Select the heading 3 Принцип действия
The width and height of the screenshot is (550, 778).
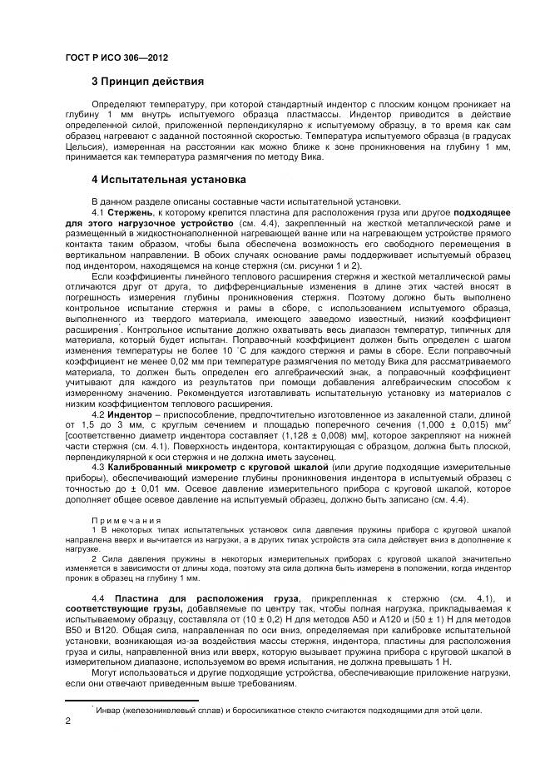coord(147,82)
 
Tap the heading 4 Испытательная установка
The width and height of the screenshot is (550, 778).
coord(168,179)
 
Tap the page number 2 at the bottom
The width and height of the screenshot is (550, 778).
coord(67,721)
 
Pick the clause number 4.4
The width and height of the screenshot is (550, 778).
coord(97,598)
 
